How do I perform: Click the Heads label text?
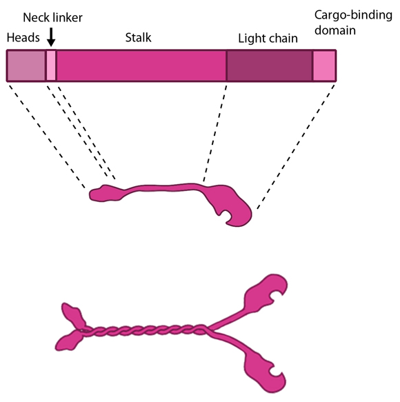tap(23, 38)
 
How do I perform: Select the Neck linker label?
tap(52, 17)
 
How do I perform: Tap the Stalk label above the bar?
tap(138, 37)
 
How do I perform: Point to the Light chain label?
tap(268, 39)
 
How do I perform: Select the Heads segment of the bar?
tap(26, 66)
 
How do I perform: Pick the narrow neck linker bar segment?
tap(51, 66)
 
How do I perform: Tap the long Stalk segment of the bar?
tap(141, 66)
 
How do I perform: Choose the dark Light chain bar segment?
tap(270, 66)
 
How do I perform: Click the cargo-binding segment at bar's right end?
tap(324, 66)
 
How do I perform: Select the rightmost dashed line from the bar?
tap(297, 145)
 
